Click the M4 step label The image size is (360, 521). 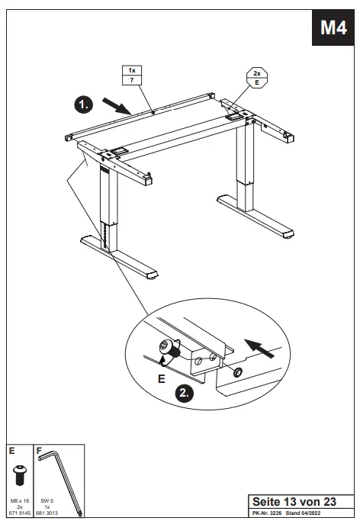click(x=333, y=28)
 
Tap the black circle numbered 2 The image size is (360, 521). click(x=183, y=394)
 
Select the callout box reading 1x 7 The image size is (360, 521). click(x=132, y=76)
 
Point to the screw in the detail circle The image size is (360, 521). click(x=167, y=349)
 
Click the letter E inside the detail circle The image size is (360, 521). click(x=160, y=378)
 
